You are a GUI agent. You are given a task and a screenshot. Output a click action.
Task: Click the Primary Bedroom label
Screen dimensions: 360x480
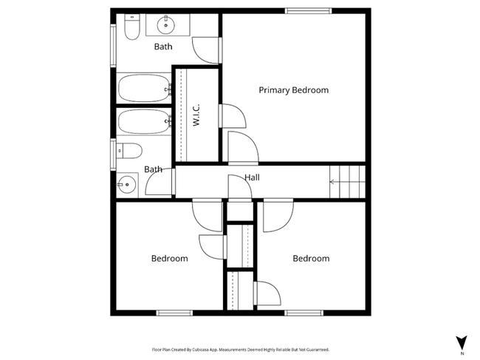pos(293,90)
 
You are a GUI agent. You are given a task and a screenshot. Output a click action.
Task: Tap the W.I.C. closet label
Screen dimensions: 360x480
pos(197,115)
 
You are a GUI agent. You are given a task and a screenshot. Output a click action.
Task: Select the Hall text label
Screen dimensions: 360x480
pos(252,177)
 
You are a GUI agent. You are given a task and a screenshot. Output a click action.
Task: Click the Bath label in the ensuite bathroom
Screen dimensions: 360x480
pos(163,47)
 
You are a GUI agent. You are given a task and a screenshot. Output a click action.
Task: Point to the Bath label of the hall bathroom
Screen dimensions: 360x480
pos(153,169)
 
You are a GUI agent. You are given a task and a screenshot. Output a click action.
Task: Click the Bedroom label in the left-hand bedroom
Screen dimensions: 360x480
pos(169,259)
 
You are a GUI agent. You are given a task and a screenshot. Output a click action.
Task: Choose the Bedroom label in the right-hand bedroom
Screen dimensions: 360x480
pos(310,259)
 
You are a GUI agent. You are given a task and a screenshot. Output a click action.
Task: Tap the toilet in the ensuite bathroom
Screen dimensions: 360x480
pos(132,29)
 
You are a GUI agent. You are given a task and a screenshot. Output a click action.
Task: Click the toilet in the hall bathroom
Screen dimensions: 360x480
pos(130,151)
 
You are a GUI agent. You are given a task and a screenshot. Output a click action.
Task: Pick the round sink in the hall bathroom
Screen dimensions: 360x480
pos(128,183)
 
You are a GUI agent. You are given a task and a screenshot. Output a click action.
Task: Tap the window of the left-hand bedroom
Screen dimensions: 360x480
pos(174,313)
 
